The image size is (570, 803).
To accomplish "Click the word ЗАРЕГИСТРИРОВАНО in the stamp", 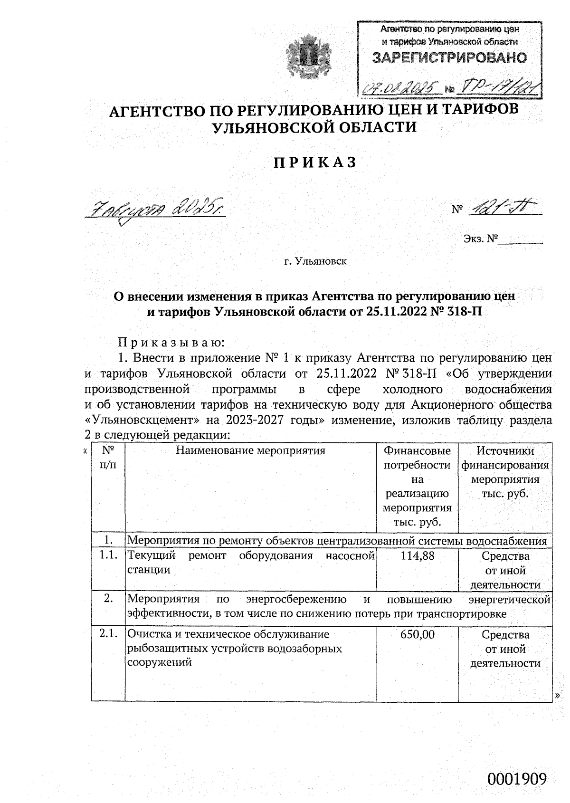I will (449, 58).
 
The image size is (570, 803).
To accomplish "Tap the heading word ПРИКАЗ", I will (314, 163).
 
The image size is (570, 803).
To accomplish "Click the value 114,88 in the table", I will (418, 555).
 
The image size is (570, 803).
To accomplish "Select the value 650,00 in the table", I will (418, 634).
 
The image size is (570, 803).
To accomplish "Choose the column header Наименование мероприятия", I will (251, 450).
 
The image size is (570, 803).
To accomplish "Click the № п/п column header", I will (108, 458).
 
